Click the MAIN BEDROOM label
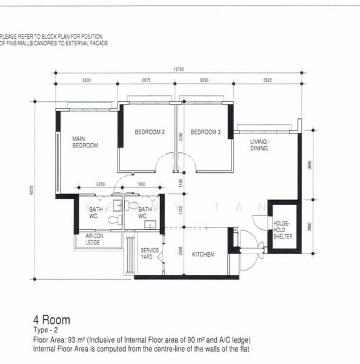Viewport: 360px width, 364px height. (x=85, y=142)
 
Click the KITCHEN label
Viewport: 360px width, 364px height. (x=203, y=255)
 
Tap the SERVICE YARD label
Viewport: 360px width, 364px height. (x=150, y=254)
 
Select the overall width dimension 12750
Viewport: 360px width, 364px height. (x=178, y=69)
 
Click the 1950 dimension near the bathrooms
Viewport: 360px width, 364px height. (x=141, y=184)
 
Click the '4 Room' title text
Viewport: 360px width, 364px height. (x=52, y=320)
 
